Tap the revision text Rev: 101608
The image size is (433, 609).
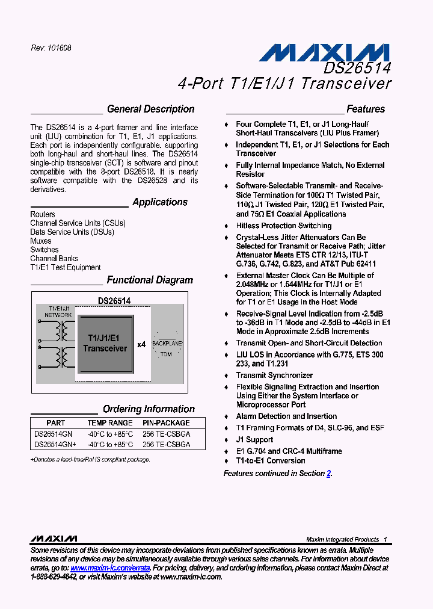click(51, 48)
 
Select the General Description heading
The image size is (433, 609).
click(150, 109)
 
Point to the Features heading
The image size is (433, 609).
click(366, 109)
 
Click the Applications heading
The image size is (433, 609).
click(160, 202)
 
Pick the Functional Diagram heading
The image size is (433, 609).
click(150, 280)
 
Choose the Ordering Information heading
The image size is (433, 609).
click(149, 409)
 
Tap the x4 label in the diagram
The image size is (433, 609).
click(141, 345)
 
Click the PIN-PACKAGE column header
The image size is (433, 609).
click(166, 423)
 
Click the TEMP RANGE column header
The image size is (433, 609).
click(110, 423)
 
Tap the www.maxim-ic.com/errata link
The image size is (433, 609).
click(110, 567)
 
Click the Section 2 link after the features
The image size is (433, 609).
click(328, 474)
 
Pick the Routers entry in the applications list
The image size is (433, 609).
click(43, 214)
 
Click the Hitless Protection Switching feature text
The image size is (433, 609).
click(284, 226)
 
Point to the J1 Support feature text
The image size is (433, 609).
click(254, 439)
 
